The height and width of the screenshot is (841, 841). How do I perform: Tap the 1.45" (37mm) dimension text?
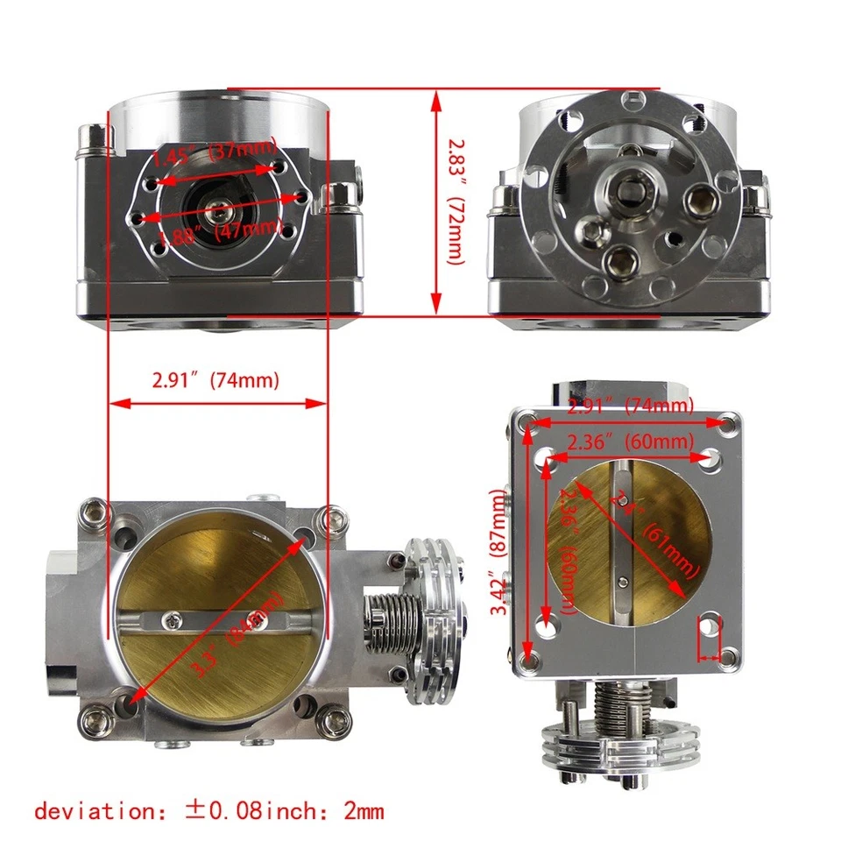215,153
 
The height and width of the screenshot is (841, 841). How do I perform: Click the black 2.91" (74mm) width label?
216,381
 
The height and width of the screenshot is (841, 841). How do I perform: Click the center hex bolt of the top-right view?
628,187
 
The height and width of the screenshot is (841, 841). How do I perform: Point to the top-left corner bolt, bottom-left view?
95,510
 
